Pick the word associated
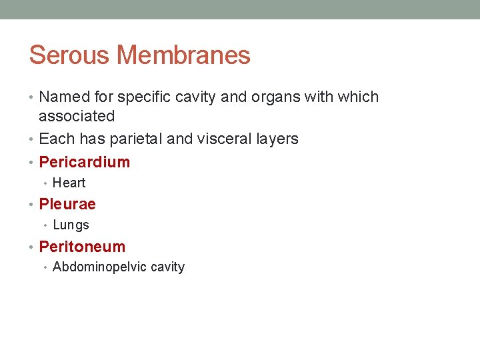coord(77,116)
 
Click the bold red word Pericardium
coord(85,162)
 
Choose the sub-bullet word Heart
coord(69,183)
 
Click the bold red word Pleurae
coord(67,204)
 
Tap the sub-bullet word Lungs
coord(71,225)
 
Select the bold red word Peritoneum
coord(82,247)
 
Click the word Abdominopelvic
coord(100,267)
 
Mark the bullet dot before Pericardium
coord(33,162)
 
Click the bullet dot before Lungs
coord(47,225)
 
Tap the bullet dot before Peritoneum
coord(33,247)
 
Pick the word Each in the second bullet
coord(54,139)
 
